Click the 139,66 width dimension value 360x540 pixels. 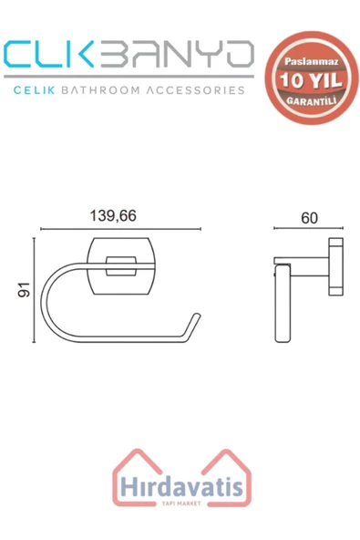(113, 216)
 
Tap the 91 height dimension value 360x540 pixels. (24, 290)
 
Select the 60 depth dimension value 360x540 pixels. (309, 218)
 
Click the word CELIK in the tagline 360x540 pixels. (34, 90)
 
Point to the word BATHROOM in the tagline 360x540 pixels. (100, 90)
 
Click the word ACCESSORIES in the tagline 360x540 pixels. (195, 90)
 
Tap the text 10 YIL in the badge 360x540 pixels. (311, 80)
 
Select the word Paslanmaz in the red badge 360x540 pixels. (311, 62)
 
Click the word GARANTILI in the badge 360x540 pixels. (311, 101)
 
